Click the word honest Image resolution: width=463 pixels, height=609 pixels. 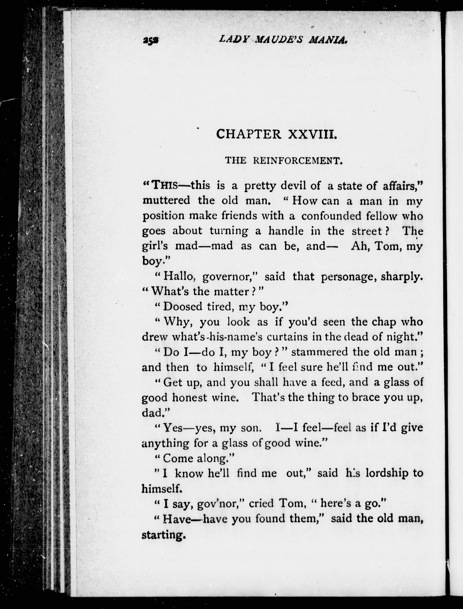(189, 397)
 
